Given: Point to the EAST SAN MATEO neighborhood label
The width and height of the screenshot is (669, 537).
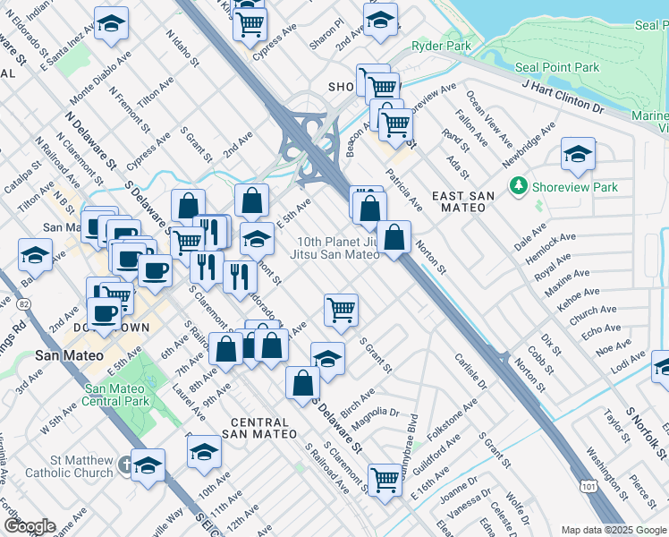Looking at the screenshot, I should [459, 200].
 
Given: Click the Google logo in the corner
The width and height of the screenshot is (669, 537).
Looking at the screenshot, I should [29, 526].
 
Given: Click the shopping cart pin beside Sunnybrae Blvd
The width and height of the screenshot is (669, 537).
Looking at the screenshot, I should [385, 479].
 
